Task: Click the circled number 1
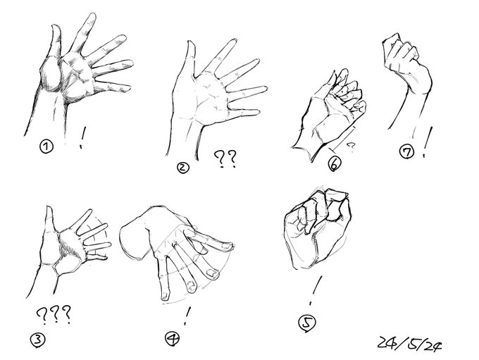click(x=46, y=147)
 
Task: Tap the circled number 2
click(x=183, y=168)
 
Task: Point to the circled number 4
click(x=171, y=338)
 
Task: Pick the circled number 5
click(x=306, y=323)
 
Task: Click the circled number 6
click(x=335, y=165)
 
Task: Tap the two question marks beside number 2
click(x=224, y=161)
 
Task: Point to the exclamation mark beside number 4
click(x=187, y=313)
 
